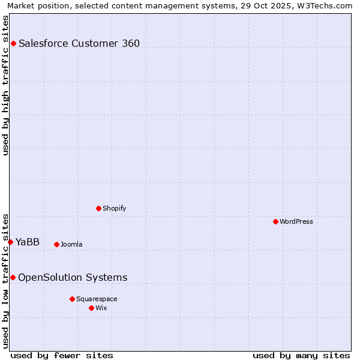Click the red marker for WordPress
tap(275, 221)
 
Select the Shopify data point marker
tap(98, 208)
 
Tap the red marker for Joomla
tap(56, 244)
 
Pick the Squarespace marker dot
tap(72, 299)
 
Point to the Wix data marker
tap(91, 308)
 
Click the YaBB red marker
tap(10, 242)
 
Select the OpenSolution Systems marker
tap(13, 277)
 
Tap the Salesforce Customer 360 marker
tap(13, 43)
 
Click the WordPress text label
tap(296, 221)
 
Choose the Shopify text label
tap(114, 208)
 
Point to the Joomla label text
tap(71, 244)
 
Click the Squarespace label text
tap(97, 299)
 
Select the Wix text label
tap(101, 308)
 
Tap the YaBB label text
tap(28, 242)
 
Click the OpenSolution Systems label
tap(73, 277)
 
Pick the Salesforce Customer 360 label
tap(79, 43)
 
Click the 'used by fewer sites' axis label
tap(62, 355)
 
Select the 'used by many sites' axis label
tap(301, 355)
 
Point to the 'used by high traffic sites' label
tap(5, 85)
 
